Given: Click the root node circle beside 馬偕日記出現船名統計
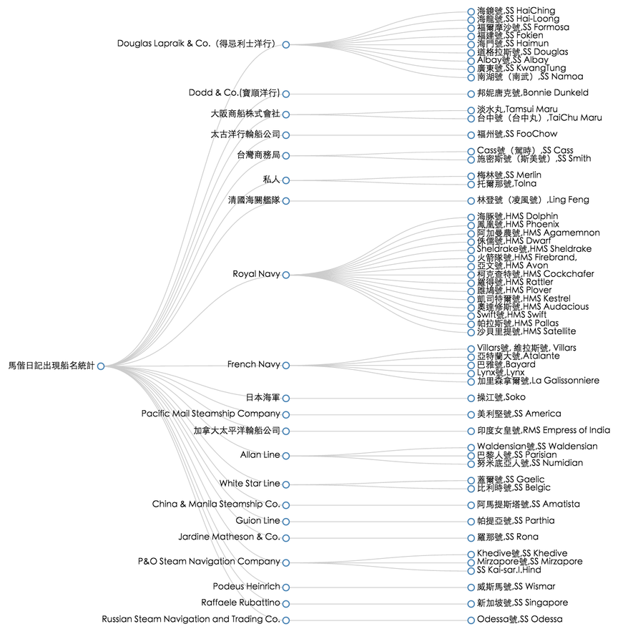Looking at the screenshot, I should pyautogui.click(x=101, y=366).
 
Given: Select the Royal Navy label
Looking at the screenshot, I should pyautogui.click(x=256, y=274).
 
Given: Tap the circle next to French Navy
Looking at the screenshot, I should pyautogui.click(x=286, y=365).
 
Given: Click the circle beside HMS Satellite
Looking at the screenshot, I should pyautogui.click(x=471, y=332).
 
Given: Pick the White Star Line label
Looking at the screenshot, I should pyautogui.click(x=249, y=484).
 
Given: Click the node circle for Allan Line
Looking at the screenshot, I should pyautogui.click(x=286, y=456).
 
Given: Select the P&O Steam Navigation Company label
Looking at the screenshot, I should pyautogui.click(x=209, y=562).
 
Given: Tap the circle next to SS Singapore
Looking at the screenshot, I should pyautogui.click(x=471, y=603).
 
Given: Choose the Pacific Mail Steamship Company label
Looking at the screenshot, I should pyautogui.click(x=210, y=414).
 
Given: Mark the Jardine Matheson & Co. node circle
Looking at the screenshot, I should pyautogui.click(x=286, y=537).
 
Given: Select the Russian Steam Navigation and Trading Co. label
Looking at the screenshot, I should pyautogui.click(x=190, y=619).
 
